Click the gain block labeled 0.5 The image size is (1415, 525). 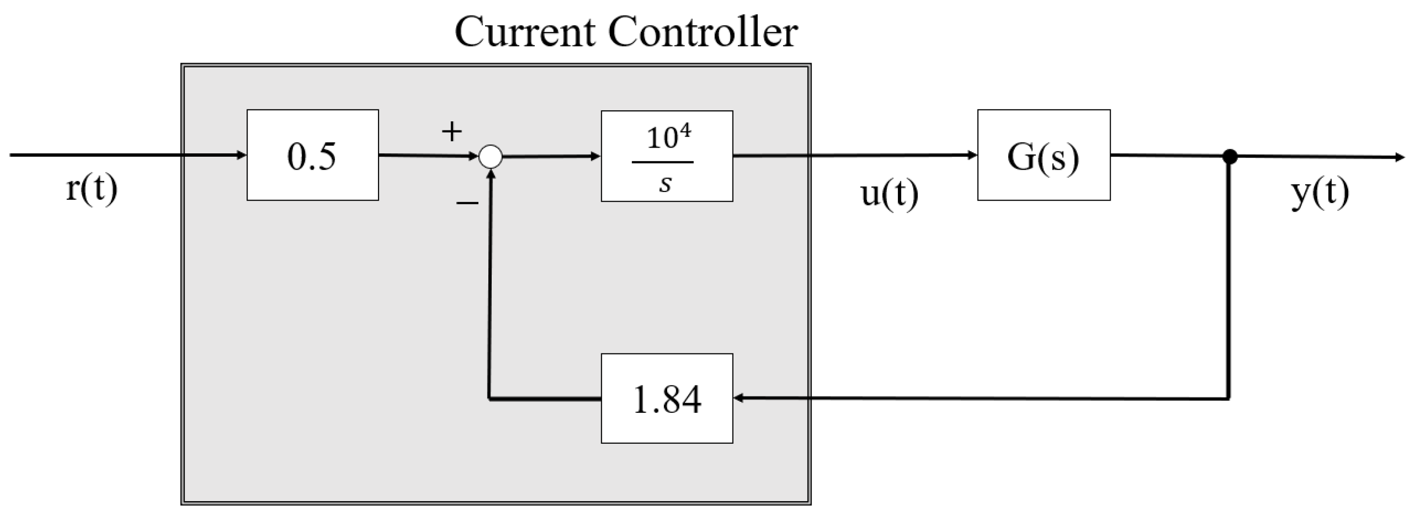[x=313, y=155]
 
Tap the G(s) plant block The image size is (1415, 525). [x=1043, y=155]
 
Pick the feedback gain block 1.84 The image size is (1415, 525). [x=666, y=399]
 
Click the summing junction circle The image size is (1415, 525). [x=490, y=157]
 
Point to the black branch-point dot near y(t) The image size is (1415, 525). [x=1230, y=157]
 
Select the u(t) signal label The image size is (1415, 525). [x=889, y=194]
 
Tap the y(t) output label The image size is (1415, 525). [x=1319, y=193]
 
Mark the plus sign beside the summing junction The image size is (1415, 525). [x=452, y=132]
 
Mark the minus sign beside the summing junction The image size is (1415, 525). [x=467, y=204]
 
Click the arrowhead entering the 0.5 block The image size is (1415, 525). [x=242, y=155]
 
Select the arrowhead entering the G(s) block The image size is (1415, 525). [x=972, y=155]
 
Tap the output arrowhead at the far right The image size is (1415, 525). [x=1400, y=158]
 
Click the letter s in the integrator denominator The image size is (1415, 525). [x=665, y=184]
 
